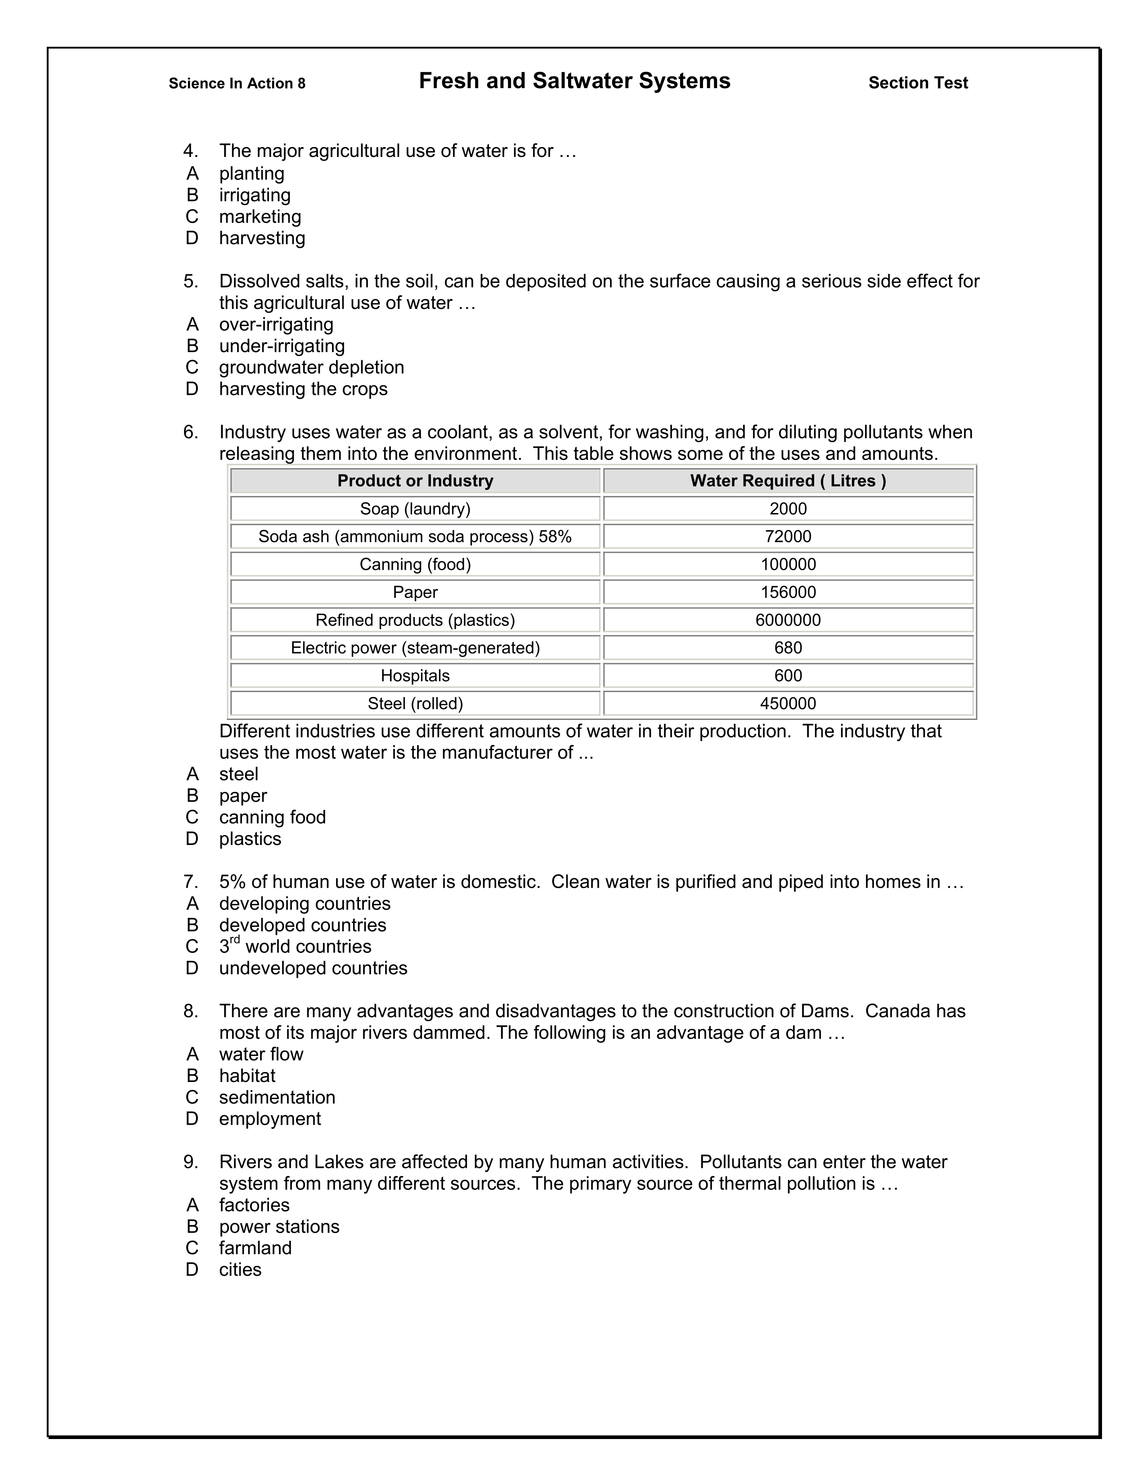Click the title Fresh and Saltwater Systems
[x=574, y=81]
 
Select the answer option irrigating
[x=254, y=195]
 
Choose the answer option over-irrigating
[x=276, y=324]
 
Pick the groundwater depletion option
[x=311, y=367]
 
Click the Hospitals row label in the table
[x=415, y=676]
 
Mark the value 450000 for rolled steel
[x=788, y=704]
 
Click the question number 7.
[x=190, y=882]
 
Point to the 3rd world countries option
[x=295, y=947]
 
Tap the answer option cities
[x=240, y=1270]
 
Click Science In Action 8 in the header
[x=237, y=84]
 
